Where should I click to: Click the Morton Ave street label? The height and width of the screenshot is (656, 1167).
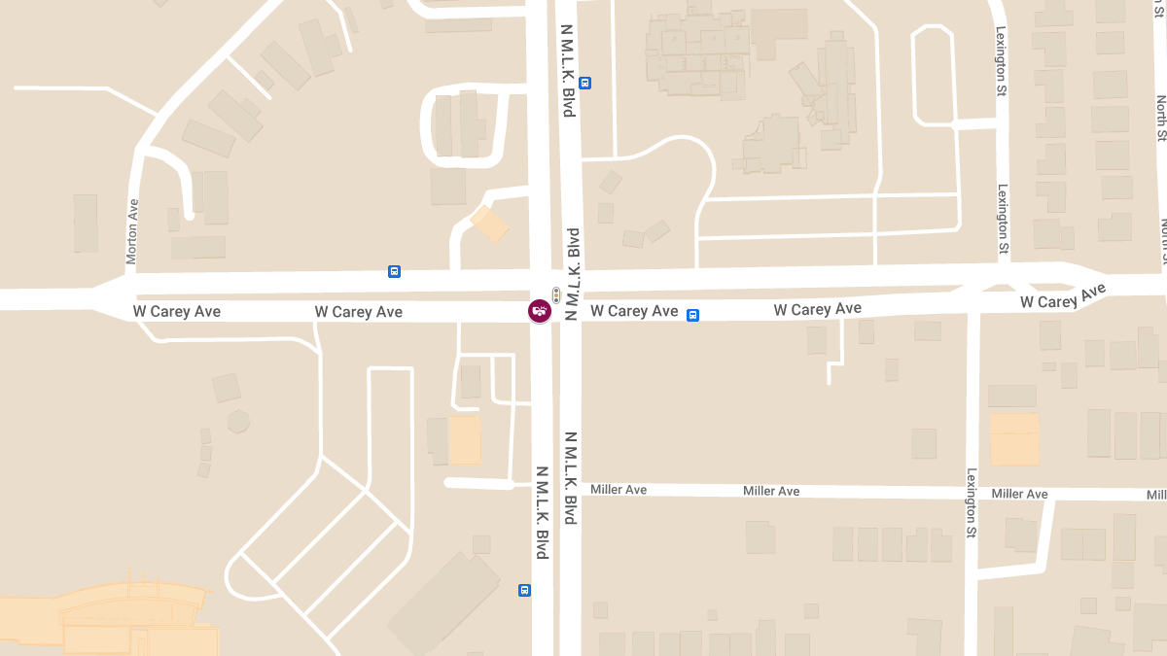click(132, 231)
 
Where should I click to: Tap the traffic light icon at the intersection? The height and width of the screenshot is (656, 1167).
click(556, 294)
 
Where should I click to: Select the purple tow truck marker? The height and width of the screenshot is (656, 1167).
click(539, 311)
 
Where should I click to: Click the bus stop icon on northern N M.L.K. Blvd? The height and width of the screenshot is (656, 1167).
click(585, 83)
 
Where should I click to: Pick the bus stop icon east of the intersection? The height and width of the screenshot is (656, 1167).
click(692, 315)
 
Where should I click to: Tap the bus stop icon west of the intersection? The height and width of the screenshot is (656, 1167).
click(394, 271)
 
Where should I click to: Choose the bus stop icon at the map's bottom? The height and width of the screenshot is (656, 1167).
click(524, 590)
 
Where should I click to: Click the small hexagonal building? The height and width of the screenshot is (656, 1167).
click(237, 421)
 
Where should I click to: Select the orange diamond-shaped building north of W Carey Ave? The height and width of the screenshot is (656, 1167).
click(489, 224)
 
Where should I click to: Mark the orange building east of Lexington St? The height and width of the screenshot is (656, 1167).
click(1014, 439)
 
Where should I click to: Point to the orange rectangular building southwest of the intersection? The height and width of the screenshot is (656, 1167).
click(465, 440)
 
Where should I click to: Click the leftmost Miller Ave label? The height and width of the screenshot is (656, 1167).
click(619, 490)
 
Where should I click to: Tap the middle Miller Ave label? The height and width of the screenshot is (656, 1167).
click(771, 491)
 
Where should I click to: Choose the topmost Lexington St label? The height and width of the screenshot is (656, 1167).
click(1001, 61)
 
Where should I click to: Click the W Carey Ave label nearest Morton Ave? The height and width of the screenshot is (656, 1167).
click(177, 312)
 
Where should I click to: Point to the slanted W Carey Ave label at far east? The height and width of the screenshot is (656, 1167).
click(1063, 297)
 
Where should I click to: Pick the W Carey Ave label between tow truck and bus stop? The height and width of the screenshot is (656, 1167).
click(634, 311)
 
